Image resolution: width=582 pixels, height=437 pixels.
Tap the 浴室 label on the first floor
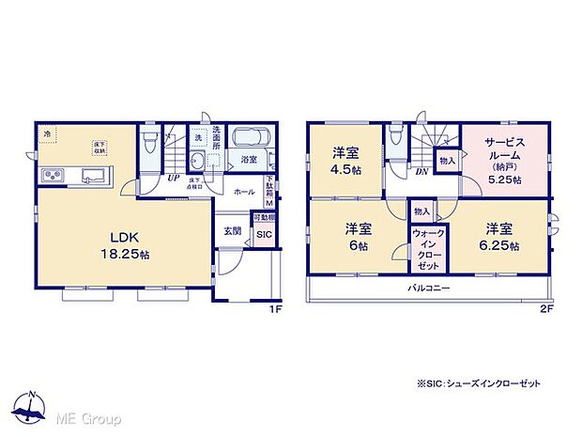249,161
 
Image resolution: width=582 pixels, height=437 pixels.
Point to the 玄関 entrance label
232,230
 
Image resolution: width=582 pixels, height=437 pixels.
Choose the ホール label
244,191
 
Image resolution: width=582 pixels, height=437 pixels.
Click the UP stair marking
174,176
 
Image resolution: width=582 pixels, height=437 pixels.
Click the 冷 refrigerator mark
47,134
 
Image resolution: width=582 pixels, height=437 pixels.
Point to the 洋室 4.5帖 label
346,162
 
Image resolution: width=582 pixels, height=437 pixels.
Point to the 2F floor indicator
545,307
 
